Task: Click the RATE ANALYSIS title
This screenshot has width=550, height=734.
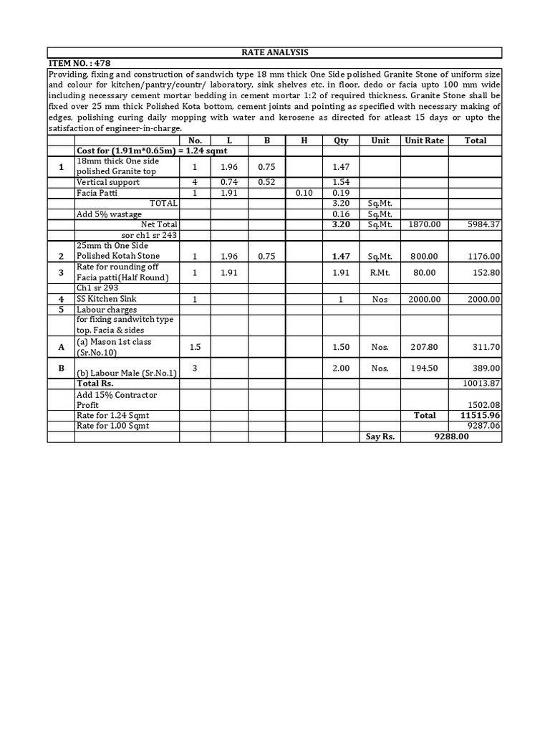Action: click(x=275, y=52)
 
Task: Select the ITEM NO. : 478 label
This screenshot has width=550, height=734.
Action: click(x=79, y=63)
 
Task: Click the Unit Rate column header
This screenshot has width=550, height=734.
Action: click(x=425, y=140)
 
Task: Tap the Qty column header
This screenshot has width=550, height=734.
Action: click(x=340, y=140)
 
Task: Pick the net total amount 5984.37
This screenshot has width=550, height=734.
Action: click(x=482, y=224)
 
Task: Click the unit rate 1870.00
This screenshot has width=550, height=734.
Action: click(x=425, y=224)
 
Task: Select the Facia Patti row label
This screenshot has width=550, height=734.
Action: click(x=97, y=193)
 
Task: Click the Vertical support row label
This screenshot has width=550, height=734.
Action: click(x=108, y=183)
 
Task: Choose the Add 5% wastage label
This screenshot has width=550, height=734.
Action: click(x=108, y=214)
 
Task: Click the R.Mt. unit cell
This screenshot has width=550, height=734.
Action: click(x=380, y=272)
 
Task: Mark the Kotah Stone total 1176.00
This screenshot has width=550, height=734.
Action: click(x=482, y=256)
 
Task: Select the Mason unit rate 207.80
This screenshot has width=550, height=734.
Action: click(x=425, y=347)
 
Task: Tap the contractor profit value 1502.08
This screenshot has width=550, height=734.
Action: click(x=482, y=405)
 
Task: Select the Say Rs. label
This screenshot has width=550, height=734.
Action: click(x=380, y=436)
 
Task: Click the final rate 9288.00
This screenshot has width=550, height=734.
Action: click(x=452, y=436)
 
